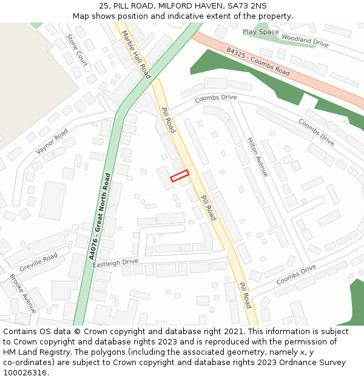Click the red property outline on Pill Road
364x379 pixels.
[180, 175]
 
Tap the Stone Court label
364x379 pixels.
[77, 49]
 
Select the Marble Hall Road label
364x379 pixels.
[136, 55]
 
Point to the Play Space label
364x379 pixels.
[261, 32]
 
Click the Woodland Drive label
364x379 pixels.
[305, 41]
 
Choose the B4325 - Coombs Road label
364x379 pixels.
[258, 61]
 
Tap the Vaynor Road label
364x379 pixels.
[52, 141]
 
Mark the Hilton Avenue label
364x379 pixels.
[257, 157]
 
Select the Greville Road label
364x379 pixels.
[39, 261]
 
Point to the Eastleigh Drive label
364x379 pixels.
[115, 263]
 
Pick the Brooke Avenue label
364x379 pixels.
[23, 293]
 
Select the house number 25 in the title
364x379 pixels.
[103, 6]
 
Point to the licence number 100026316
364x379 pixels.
[25, 372]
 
